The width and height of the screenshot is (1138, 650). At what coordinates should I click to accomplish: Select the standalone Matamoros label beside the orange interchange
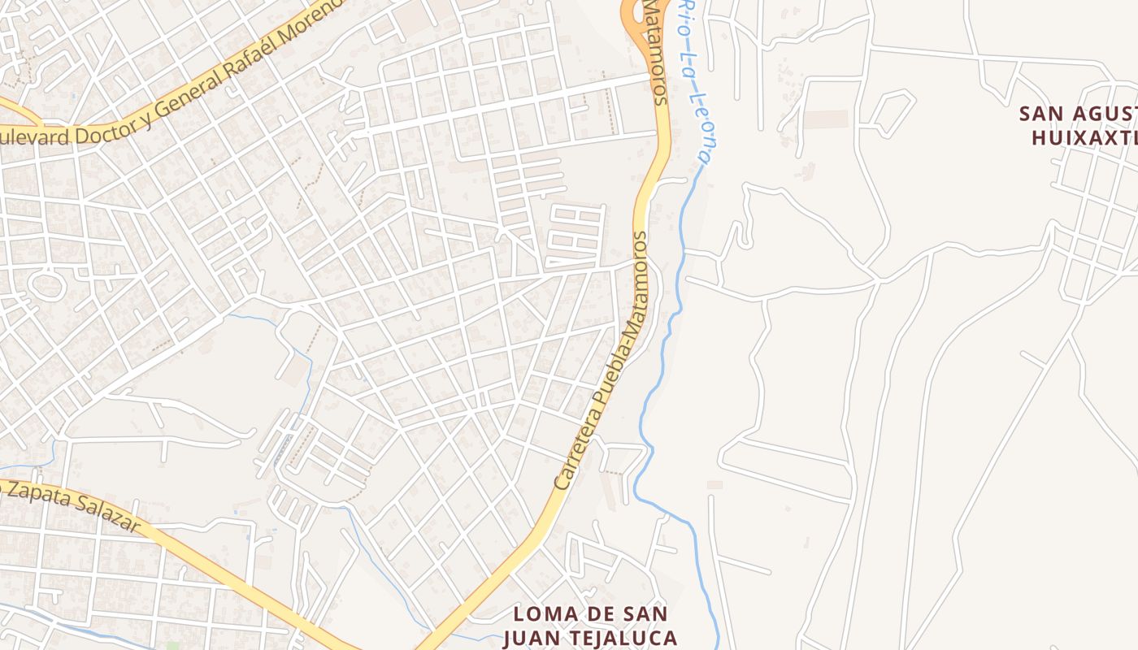click(655, 53)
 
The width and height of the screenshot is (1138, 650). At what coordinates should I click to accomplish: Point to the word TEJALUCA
click(625, 637)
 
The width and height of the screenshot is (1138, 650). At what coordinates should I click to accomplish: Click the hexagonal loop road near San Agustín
click(887, 111)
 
